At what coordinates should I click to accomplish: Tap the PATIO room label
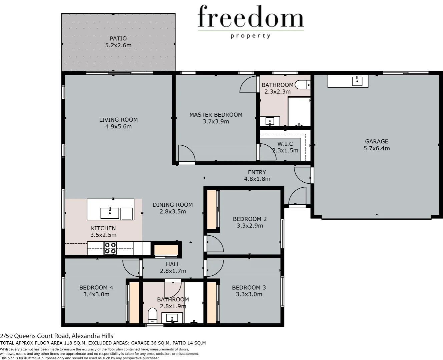point(118,38)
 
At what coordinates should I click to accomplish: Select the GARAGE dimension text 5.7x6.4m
point(376,148)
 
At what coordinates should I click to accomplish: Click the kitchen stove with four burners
point(110,248)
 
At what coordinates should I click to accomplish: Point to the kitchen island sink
point(110,213)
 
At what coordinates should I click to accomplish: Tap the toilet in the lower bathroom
point(152,315)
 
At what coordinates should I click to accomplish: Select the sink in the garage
point(357,80)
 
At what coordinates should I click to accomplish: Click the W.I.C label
point(285,144)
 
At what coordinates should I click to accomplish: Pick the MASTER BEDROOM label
point(216,115)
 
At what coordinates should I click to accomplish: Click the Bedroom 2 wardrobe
point(212,209)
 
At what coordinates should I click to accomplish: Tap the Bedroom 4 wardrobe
point(134,303)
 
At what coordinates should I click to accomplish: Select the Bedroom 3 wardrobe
point(212,303)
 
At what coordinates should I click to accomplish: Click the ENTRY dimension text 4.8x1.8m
point(257,179)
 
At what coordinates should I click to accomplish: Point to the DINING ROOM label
point(172,205)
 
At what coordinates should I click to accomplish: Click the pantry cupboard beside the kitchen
point(166,250)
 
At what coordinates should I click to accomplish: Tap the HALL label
point(173,264)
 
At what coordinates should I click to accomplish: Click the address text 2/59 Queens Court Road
point(57,336)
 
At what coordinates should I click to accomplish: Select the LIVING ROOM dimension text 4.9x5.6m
point(118,127)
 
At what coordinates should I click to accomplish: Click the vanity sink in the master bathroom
point(270,121)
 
